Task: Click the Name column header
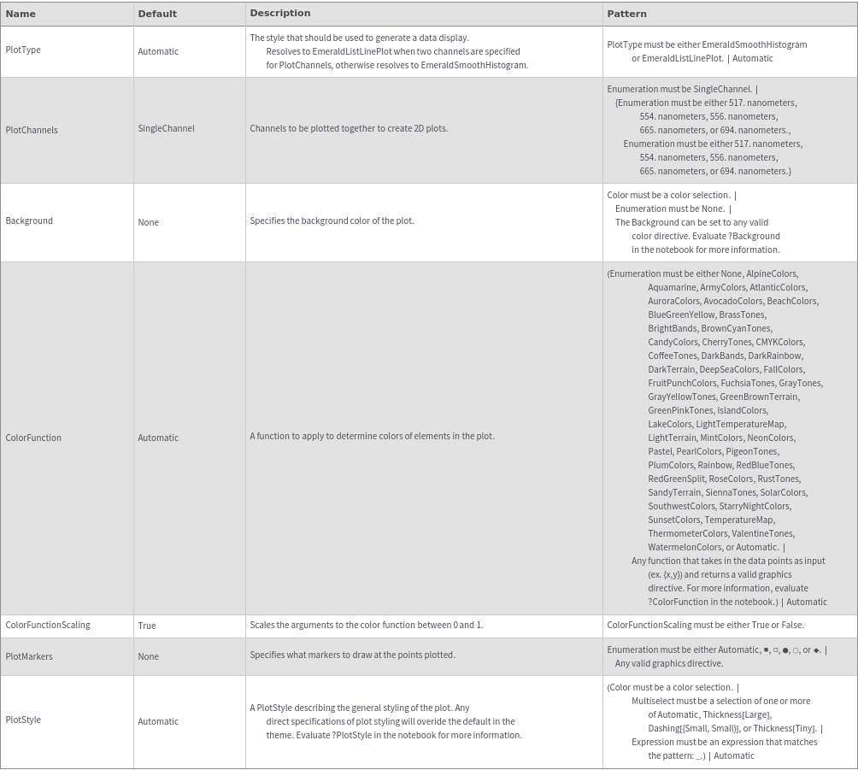tap(21, 14)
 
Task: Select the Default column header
tap(157, 14)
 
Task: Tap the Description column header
tap(279, 14)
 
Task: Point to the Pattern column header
tap(626, 14)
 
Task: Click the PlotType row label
tap(23, 50)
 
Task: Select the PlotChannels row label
tap(32, 130)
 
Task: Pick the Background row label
tap(29, 221)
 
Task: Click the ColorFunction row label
tap(33, 438)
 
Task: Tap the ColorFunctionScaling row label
tap(48, 625)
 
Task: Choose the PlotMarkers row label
tap(29, 656)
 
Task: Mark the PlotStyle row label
tap(23, 720)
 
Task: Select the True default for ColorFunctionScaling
tap(147, 626)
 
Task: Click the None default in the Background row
tap(149, 222)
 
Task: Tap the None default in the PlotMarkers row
tap(149, 656)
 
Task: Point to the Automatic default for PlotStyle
tap(158, 721)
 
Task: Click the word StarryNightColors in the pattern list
tap(755, 506)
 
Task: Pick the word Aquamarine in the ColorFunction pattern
tap(672, 287)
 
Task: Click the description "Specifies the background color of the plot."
tap(332, 220)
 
